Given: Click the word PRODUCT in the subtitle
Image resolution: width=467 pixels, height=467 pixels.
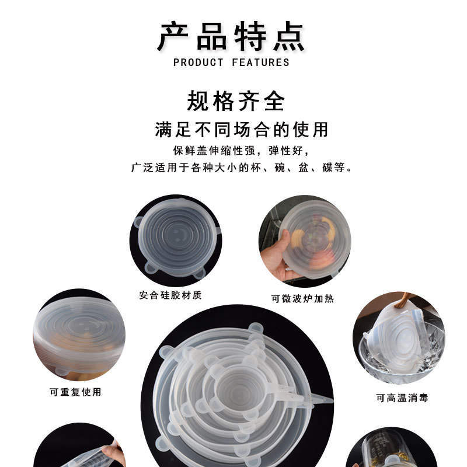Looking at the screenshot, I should coord(198,62).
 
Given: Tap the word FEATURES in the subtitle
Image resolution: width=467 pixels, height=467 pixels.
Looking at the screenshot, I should coord(260,62).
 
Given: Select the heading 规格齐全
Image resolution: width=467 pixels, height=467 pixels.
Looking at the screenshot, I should coord(236,101).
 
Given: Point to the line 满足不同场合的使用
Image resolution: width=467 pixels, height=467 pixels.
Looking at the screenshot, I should coord(242,129).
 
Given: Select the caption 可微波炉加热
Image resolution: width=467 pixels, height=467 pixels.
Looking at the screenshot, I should coord(302,298).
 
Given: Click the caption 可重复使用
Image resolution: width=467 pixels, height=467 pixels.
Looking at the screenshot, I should coord(75,392).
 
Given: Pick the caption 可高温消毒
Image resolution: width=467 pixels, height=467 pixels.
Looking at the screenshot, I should coord(402,398).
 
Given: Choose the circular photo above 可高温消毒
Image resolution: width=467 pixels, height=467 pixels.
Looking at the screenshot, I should coord(399,338).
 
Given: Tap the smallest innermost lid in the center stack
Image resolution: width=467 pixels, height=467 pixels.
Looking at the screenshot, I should coord(239,386).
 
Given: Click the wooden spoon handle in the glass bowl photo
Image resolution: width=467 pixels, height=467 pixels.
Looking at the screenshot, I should coord(402,301).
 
